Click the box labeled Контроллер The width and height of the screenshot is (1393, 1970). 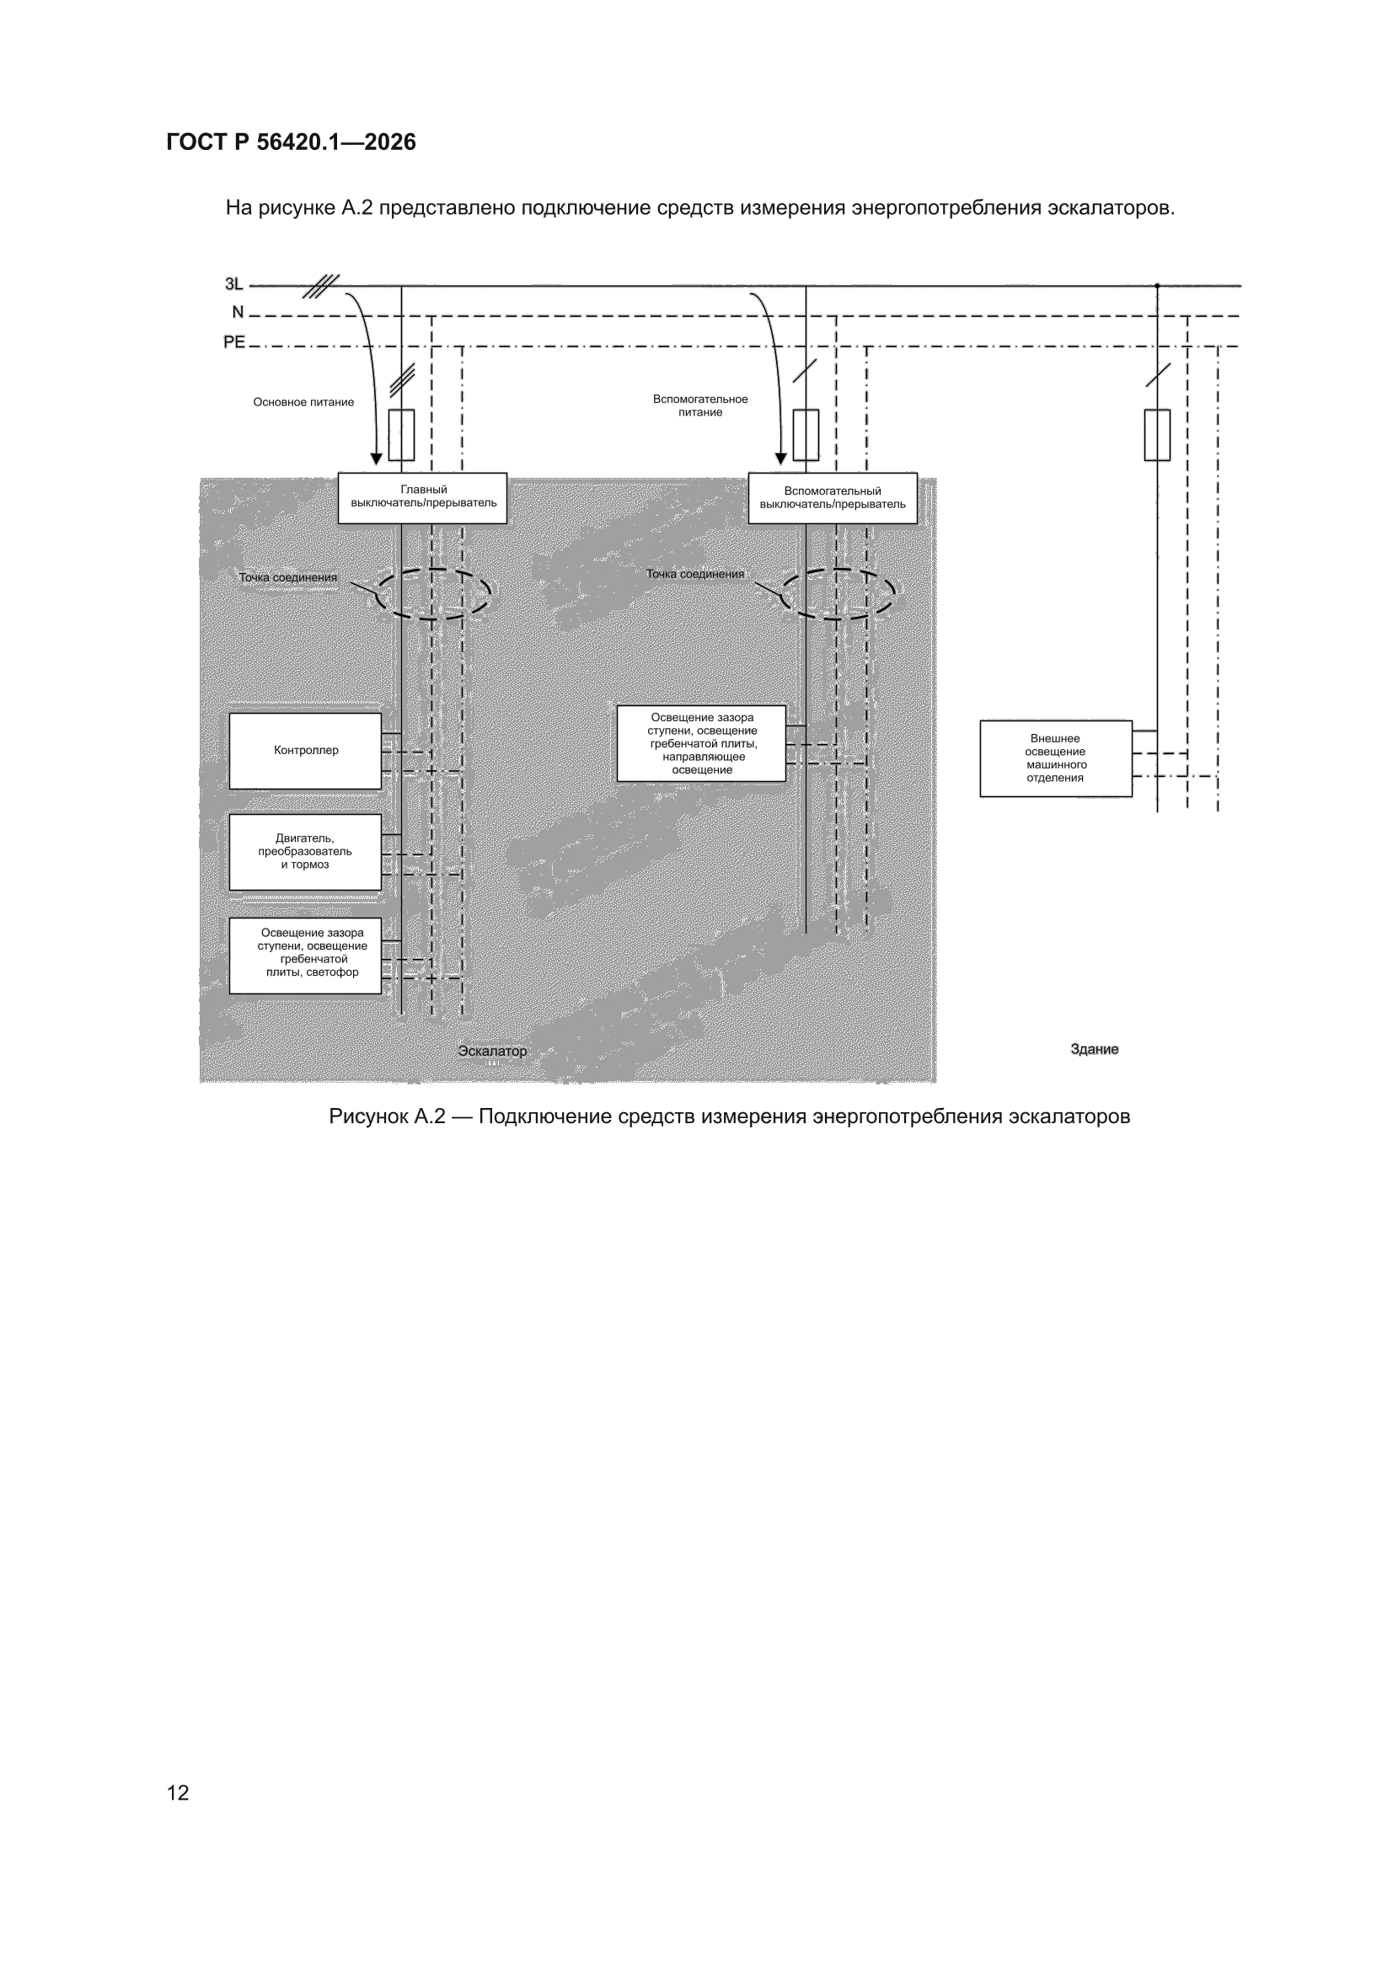click(x=305, y=751)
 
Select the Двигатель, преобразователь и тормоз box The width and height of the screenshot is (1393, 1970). click(x=305, y=852)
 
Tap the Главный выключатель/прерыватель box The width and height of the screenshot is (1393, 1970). click(x=422, y=498)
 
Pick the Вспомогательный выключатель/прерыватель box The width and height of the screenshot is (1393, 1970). click(x=833, y=498)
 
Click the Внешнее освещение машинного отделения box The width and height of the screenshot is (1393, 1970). click(x=1056, y=758)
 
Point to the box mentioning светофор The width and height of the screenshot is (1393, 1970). click(x=305, y=956)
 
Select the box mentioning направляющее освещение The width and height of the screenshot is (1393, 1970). click(x=701, y=743)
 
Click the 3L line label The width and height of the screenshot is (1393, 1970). click(x=233, y=284)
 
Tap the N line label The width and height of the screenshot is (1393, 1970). click(x=238, y=313)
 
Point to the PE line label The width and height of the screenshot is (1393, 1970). click(x=234, y=342)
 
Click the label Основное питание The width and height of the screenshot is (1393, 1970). click(x=303, y=403)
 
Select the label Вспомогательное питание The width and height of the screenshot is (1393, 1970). click(x=700, y=406)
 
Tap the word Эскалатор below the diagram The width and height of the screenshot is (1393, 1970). click(x=492, y=1051)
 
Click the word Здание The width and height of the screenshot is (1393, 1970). click(x=1095, y=1049)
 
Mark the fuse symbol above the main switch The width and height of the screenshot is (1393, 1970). click(x=402, y=435)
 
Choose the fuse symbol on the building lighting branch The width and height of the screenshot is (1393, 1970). click(x=1157, y=435)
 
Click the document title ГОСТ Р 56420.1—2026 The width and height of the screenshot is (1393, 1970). click(x=291, y=142)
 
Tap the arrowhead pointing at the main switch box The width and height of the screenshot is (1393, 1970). click(x=376, y=459)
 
